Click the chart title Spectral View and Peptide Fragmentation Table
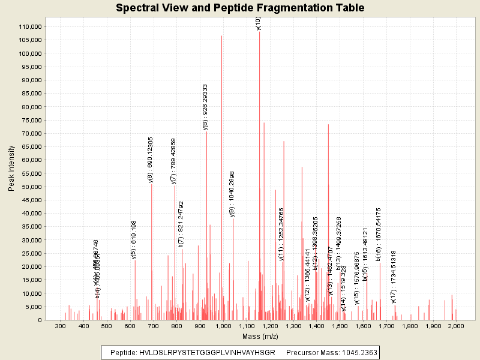coord(240,8)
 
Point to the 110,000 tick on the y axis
coord(28,27)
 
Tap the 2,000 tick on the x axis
coord(456,326)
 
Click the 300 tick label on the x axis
coord(60,326)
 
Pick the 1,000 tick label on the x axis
coord(223,326)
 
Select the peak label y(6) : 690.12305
coord(151,160)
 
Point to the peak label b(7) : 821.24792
coord(181,224)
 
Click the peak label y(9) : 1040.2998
coord(232,193)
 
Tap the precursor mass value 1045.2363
coord(358,352)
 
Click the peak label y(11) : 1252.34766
coord(282,234)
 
